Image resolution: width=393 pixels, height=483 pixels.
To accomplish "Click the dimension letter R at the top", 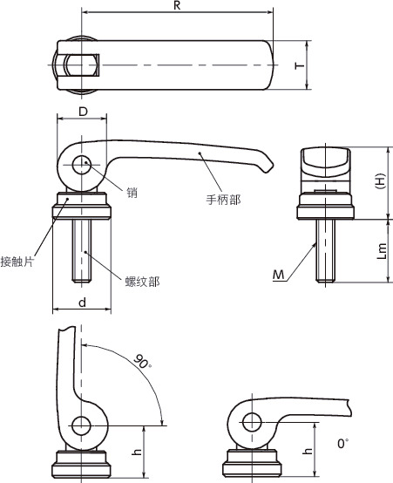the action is (177, 5).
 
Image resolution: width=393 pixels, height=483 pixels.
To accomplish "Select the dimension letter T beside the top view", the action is (300, 65).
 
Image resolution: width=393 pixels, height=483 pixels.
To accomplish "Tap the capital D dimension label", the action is (83, 112).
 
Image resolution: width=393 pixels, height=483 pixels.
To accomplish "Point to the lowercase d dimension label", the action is (82, 303).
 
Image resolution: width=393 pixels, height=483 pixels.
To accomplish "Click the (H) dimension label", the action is (381, 181).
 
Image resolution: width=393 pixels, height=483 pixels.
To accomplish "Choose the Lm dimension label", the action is (382, 251).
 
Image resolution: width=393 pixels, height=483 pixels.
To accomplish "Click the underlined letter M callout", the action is (279, 275).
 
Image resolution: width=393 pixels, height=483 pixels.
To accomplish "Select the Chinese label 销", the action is (132, 193).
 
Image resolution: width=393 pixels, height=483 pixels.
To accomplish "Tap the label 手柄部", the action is (223, 200).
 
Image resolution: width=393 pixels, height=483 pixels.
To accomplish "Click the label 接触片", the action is (17, 262).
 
